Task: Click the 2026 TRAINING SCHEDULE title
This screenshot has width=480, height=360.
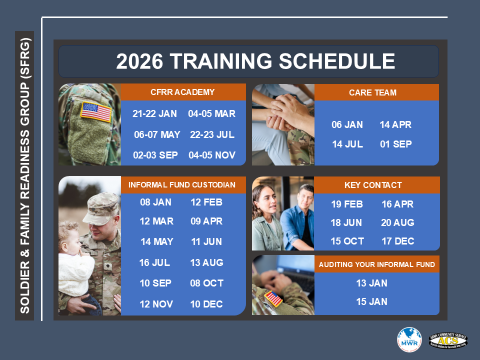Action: [x=255, y=61]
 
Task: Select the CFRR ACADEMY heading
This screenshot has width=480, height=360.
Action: [x=182, y=92]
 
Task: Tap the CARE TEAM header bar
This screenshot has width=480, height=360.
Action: [x=372, y=92]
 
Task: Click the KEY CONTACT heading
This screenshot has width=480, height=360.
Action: [x=373, y=185]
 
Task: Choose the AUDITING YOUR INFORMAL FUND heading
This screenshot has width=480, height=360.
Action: [x=377, y=264]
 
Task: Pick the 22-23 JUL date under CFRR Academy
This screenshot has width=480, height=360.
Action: [x=212, y=134]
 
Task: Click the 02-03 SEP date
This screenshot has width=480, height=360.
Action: [x=155, y=155]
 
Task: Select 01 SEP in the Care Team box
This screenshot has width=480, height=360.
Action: [x=395, y=144]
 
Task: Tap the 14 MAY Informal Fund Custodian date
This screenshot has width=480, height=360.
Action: [x=157, y=242]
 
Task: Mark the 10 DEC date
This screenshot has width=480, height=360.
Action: [x=206, y=304]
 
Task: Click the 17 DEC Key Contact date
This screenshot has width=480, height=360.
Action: [x=397, y=241]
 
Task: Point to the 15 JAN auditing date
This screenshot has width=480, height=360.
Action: [x=371, y=301]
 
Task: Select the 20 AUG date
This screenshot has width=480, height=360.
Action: [x=397, y=222]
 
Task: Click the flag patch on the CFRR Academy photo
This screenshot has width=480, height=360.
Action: [x=96, y=112]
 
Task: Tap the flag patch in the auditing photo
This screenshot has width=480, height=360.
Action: [x=273, y=298]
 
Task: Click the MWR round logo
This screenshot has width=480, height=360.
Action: [x=409, y=340]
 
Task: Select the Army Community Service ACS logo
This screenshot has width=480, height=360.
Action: [x=448, y=340]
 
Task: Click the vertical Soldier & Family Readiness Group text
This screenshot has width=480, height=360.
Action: [x=25, y=175]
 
